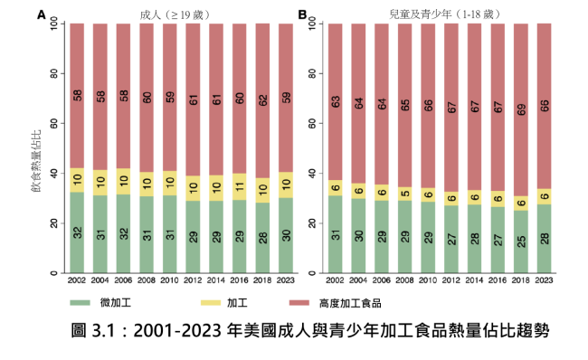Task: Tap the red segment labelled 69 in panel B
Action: [x=521, y=109]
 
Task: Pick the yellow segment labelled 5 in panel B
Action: [x=404, y=192]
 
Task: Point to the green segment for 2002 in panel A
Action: [x=79, y=232]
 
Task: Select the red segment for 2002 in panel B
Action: [x=335, y=101]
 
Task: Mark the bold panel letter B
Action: [x=302, y=15]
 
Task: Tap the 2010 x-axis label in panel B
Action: [x=428, y=282]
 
